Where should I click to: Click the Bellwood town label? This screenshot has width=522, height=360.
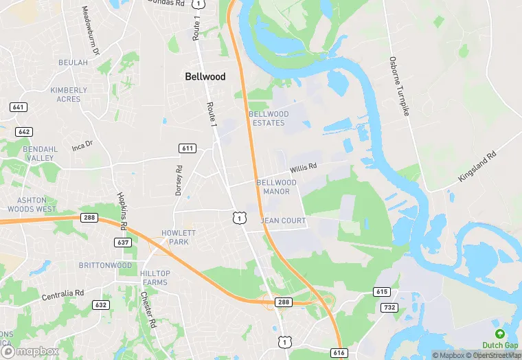(205, 77)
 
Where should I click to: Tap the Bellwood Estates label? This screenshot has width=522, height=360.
(269, 118)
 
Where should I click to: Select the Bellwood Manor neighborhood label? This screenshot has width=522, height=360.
(277, 187)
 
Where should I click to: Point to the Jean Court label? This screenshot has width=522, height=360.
(283, 221)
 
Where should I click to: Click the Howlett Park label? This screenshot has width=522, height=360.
(179, 238)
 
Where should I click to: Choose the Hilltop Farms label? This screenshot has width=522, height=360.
(155, 278)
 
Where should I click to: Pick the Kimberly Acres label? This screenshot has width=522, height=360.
(69, 94)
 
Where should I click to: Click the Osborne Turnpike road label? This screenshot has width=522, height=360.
(400, 86)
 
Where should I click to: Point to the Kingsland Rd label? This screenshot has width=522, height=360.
(477, 167)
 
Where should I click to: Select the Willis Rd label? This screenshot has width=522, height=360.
(303, 167)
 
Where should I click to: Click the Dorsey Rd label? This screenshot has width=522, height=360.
(179, 181)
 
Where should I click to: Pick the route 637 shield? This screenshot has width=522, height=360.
(124, 243)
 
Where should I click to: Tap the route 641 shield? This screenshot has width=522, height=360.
(18, 107)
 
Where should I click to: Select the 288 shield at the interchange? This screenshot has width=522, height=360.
(284, 302)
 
